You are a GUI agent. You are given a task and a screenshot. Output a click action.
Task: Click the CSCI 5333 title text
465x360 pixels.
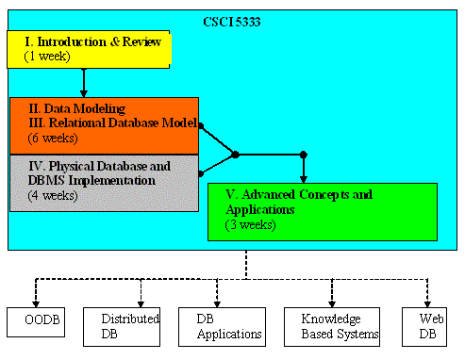(233, 21)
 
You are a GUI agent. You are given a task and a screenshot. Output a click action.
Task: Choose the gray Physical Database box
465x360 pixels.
(104, 183)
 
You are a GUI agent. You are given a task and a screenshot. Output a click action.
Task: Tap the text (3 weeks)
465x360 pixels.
(250, 225)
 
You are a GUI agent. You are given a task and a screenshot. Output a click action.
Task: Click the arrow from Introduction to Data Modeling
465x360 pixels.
(84, 83)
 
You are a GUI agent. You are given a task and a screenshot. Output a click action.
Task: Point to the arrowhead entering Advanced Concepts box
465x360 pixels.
(303, 178)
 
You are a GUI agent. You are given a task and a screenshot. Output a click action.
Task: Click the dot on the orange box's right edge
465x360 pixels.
(199, 123)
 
